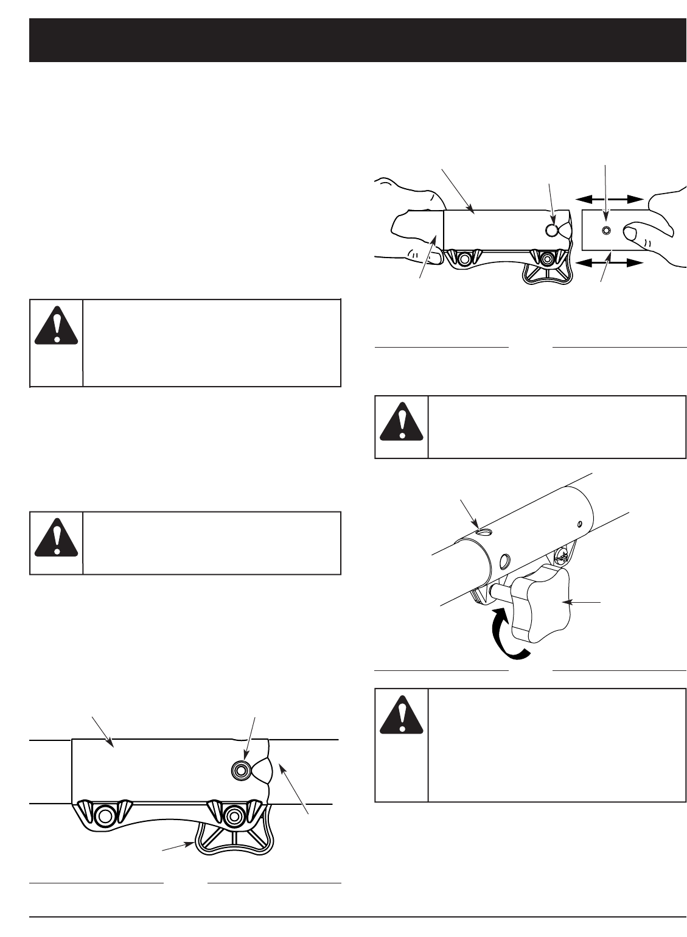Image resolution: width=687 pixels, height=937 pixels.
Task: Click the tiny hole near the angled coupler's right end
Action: [x=580, y=522]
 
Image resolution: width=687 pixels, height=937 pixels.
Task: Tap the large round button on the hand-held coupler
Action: [x=552, y=230]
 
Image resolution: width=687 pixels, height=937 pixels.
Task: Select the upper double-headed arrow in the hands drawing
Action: [x=610, y=198]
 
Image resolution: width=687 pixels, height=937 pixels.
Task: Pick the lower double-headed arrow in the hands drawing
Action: [x=610, y=263]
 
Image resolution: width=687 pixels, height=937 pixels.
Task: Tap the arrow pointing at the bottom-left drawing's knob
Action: [x=176, y=849]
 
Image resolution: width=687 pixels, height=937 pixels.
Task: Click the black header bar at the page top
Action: [x=357, y=40]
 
